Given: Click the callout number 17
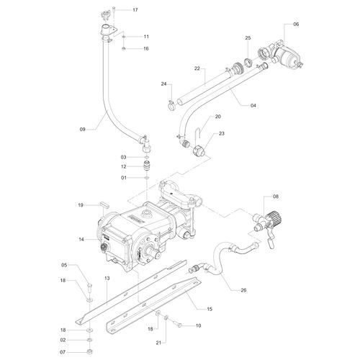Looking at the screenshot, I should (x=135, y=10).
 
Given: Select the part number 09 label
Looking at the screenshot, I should (x=83, y=129).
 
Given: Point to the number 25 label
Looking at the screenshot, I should (x=248, y=37).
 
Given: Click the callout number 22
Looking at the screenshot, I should (x=197, y=68).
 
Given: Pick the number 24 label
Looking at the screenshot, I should (x=164, y=84).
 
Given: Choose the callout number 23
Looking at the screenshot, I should (x=222, y=133).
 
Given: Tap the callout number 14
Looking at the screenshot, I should (x=83, y=239).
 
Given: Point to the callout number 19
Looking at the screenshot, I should (x=83, y=205).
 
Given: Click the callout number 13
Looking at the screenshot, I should (x=107, y=278).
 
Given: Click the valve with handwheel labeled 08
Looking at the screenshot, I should (x=269, y=219).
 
